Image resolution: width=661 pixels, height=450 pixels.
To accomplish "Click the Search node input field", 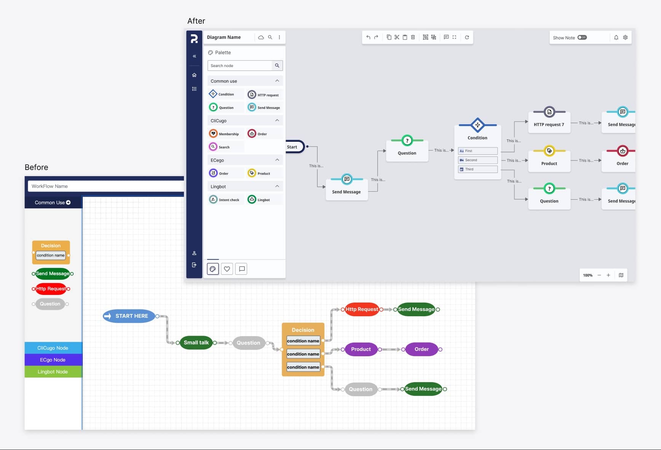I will point(240,66).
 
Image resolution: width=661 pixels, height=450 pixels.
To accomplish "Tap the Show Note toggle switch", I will point(582,37).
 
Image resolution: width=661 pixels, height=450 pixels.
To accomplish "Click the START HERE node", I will point(129,316).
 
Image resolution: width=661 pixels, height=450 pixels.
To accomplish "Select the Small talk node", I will point(196,343).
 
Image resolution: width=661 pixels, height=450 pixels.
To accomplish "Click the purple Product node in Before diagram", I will point(361,349).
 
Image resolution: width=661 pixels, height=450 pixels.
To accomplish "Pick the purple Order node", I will point(422,349).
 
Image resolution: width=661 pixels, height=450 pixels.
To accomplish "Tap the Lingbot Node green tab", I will point(53,372).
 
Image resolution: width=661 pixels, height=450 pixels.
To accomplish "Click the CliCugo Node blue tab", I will point(53,348).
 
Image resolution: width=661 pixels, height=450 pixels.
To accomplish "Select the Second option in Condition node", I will point(477,160).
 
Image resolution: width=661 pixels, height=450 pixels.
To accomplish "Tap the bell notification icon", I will point(616,37).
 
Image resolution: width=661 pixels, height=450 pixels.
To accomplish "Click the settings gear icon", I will point(625,37).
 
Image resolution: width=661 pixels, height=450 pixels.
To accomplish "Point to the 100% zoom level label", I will point(588,275).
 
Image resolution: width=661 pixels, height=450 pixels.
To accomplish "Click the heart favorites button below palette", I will point(227,269).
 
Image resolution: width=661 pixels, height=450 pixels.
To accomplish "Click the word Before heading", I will point(37,167).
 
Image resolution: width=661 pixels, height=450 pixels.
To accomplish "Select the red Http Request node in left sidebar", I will point(51,289).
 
